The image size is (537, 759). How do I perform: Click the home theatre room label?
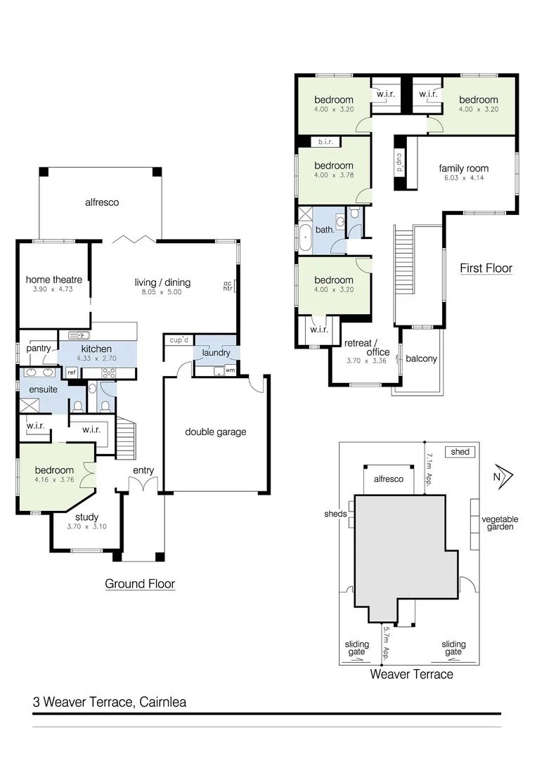pyautogui.click(x=53, y=280)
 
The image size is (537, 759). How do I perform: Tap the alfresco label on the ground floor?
pyautogui.click(x=102, y=202)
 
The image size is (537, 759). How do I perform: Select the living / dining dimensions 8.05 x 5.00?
pyautogui.click(x=162, y=292)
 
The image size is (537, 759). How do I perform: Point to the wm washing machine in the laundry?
pyautogui.click(x=230, y=370)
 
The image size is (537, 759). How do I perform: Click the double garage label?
pyautogui.click(x=216, y=432)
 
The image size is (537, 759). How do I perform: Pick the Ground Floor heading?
pyautogui.click(x=140, y=583)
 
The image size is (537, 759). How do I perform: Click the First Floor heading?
pyautogui.click(x=486, y=268)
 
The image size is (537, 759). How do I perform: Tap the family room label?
pyautogui.click(x=463, y=169)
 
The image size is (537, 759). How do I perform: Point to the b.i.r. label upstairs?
pyautogui.click(x=325, y=142)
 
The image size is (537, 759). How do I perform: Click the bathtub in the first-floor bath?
pyautogui.click(x=305, y=239)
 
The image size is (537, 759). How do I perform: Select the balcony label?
pyautogui.click(x=421, y=358)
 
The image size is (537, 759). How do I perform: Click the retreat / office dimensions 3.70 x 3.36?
pyautogui.click(x=367, y=361)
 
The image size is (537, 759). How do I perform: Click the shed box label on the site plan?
pyautogui.click(x=460, y=452)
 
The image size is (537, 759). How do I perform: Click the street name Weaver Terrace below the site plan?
pyautogui.click(x=411, y=675)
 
